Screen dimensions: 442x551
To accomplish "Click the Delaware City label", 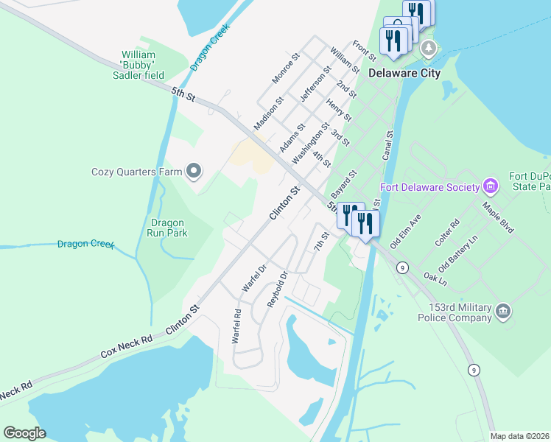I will [404, 73].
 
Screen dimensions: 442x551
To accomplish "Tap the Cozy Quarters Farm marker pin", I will [194, 172].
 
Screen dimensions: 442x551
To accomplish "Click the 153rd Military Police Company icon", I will [504, 311].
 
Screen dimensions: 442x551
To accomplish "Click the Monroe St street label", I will [287, 67].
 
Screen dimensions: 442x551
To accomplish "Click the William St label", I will [344, 60].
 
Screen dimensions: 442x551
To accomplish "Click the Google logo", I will [24, 432].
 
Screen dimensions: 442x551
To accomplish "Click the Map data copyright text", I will [519, 436].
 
